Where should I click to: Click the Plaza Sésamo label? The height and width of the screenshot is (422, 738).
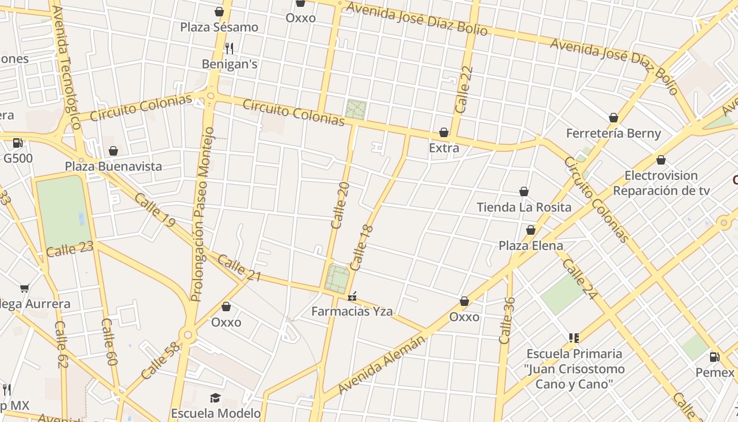coord(219,27)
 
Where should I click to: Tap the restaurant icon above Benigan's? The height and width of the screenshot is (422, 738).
coord(229,49)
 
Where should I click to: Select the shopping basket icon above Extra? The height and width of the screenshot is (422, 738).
coord(444,132)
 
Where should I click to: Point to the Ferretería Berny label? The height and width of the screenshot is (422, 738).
coord(613,133)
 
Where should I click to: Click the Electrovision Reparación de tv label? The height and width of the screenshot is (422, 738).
coord(661,183)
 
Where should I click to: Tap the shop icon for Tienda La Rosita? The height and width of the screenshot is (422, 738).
coord(524,191)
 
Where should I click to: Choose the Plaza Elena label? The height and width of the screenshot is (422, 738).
coord(531,245)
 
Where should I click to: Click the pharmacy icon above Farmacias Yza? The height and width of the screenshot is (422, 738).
coord(352,297)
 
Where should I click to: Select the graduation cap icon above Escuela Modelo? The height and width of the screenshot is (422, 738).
coord(215,398)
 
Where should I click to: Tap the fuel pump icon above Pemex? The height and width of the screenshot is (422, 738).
coord(714,357)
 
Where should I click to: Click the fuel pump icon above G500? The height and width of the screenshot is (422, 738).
coord(17,142)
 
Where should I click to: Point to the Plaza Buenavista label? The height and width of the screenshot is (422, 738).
coord(113,166)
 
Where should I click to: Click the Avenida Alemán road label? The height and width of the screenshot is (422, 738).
coord(381,364)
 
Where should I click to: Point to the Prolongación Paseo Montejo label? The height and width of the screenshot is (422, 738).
coord(202,214)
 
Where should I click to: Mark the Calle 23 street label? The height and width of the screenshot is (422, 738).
coord(70,248)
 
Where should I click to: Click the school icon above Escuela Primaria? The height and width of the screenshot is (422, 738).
coord(574,338)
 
